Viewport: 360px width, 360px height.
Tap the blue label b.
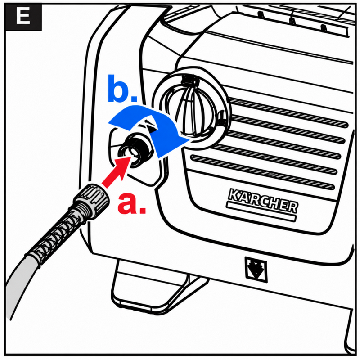122,88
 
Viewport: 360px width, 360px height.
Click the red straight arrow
117,171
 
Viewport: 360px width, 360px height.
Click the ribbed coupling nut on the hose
92,200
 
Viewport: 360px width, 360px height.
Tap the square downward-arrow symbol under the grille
256,269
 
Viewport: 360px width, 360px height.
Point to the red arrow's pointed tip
130,157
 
